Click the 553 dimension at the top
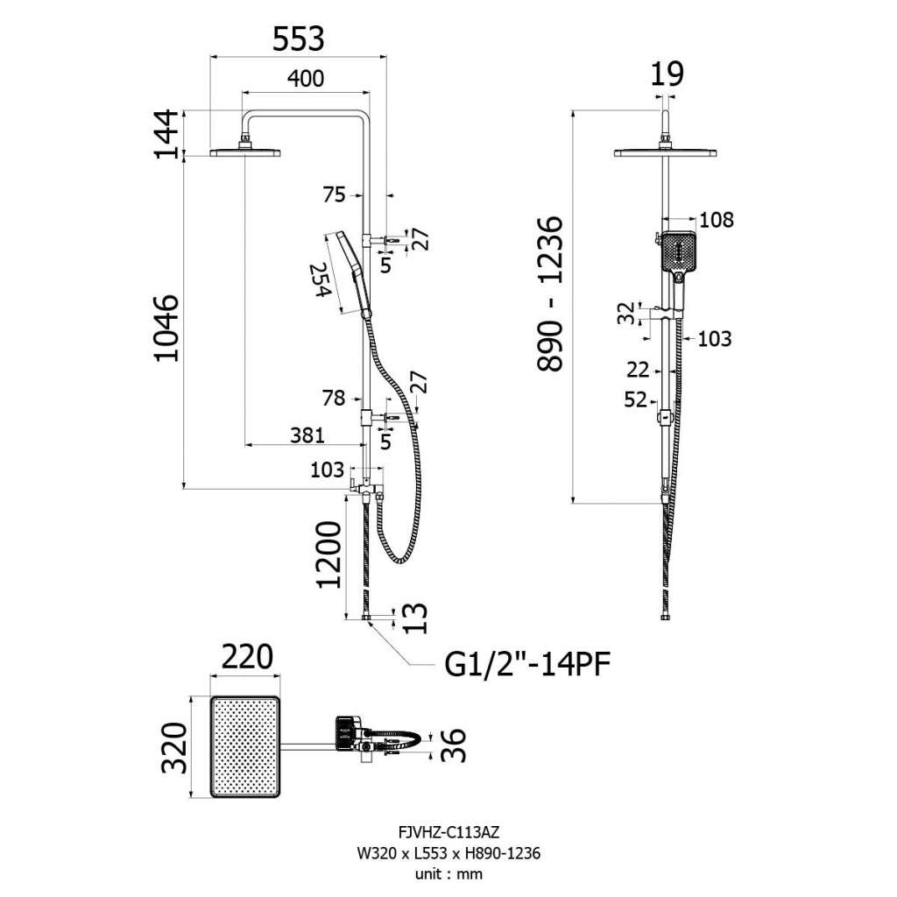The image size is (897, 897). (298, 39)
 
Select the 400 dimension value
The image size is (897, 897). (306, 79)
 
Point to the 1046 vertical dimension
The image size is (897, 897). (166, 328)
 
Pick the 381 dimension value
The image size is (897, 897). (307, 434)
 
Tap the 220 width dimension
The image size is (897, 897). (245, 657)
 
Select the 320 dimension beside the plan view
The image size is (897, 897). (174, 747)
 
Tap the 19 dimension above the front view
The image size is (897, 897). (667, 74)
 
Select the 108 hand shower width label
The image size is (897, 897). (716, 219)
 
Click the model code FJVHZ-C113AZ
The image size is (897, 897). (448, 835)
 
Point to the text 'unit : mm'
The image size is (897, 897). (448, 873)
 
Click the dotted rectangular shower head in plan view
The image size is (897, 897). (246, 747)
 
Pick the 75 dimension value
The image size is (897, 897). (335, 195)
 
